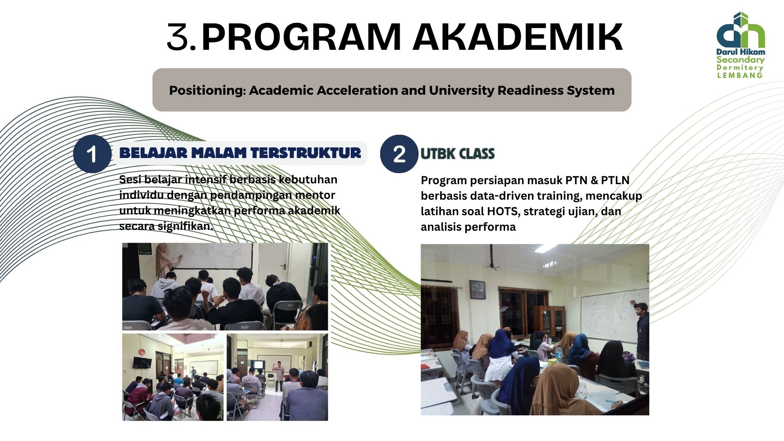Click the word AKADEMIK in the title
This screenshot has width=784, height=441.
pos(517,37)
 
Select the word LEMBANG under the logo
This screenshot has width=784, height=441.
pos(740,75)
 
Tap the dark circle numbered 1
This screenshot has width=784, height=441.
pos(92,154)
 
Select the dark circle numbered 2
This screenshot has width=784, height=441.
pos(399,154)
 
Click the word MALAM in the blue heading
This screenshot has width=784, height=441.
pos(219,153)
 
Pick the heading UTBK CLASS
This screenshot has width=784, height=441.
pos(457,154)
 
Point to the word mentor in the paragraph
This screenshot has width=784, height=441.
pos(315,195)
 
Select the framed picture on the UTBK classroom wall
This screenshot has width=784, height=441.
pos(477,290)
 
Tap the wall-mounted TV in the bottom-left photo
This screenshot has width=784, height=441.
pos(143,362)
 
